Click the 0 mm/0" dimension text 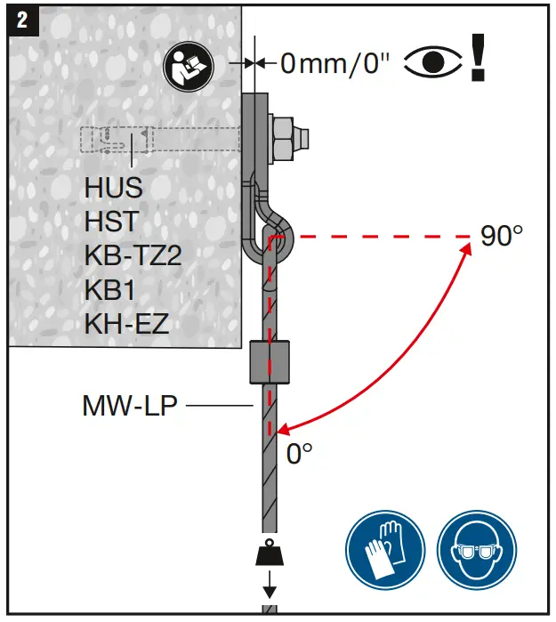335,63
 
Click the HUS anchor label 114,188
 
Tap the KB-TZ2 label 133,255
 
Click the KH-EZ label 126,323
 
